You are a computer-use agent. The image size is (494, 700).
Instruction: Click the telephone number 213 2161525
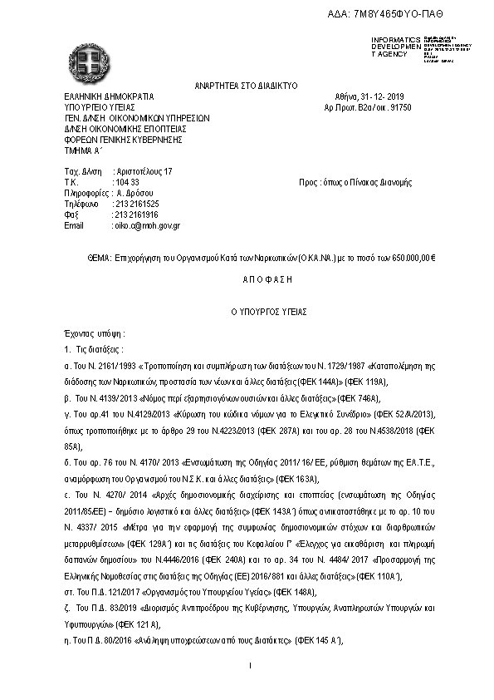(137, 203)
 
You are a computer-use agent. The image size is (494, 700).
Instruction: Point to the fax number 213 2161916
(137, 214)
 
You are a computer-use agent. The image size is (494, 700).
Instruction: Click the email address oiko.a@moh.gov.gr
(147, 224)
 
